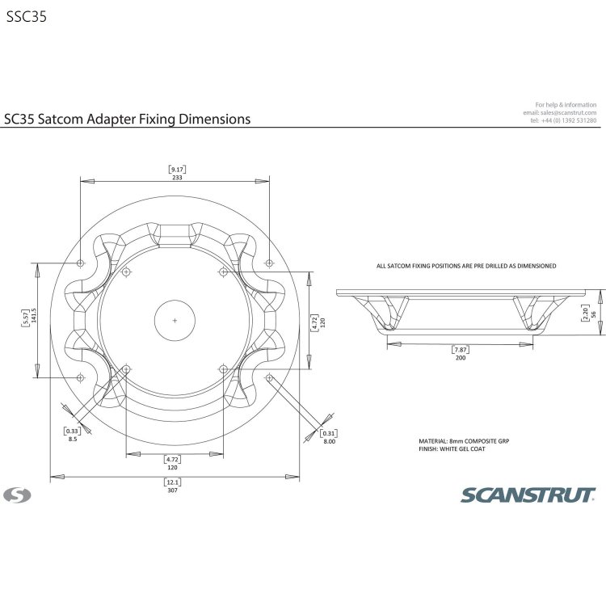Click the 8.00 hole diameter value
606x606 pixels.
329,442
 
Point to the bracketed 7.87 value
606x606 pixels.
459,350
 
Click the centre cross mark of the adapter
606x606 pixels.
175,321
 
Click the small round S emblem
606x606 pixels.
15,494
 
